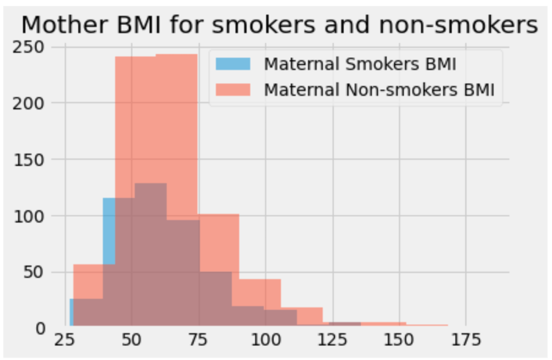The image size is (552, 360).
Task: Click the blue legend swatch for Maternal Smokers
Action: pyautogui.click(x=233, y=64)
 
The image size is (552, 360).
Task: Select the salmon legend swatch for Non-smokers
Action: pyautogui.click(x=233, y=90)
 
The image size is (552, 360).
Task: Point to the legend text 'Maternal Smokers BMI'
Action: pyautogui.click(x=360, y=64)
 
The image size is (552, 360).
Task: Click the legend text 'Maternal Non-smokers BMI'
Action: pyautogui.click(x=379, y=90)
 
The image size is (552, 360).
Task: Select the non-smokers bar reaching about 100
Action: pyautogui.click(x=219, y=243)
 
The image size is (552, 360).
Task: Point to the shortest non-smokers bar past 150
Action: pyautogui.click(x=427, y=326)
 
